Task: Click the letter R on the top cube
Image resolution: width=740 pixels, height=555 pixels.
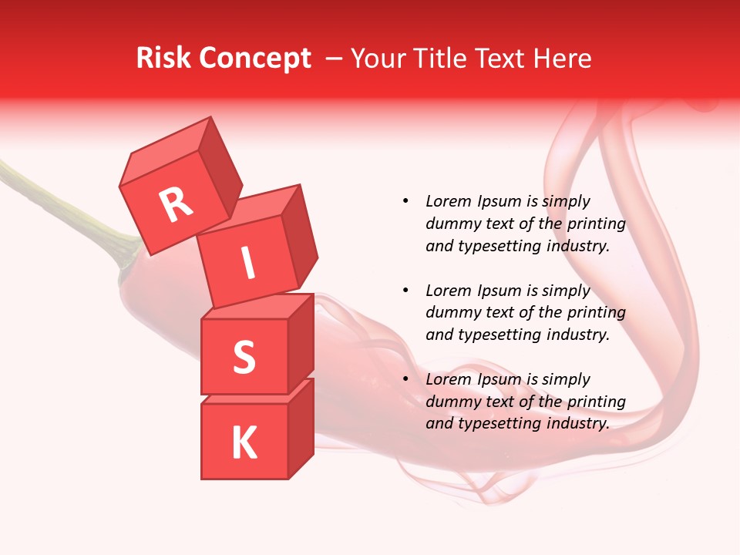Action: tap(176, 204)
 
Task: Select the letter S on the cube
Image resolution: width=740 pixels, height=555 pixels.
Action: tap(244, 357)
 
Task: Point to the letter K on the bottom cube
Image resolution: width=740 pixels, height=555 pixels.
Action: tap(244, 442)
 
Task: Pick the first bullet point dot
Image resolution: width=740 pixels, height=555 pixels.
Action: tap(405, 201)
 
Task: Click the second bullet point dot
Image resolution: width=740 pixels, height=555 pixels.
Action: tap(405, 291)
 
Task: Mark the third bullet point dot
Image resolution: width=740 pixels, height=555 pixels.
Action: tap(405, 379)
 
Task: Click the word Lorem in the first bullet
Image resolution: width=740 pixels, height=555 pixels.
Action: tap(448, 201)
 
